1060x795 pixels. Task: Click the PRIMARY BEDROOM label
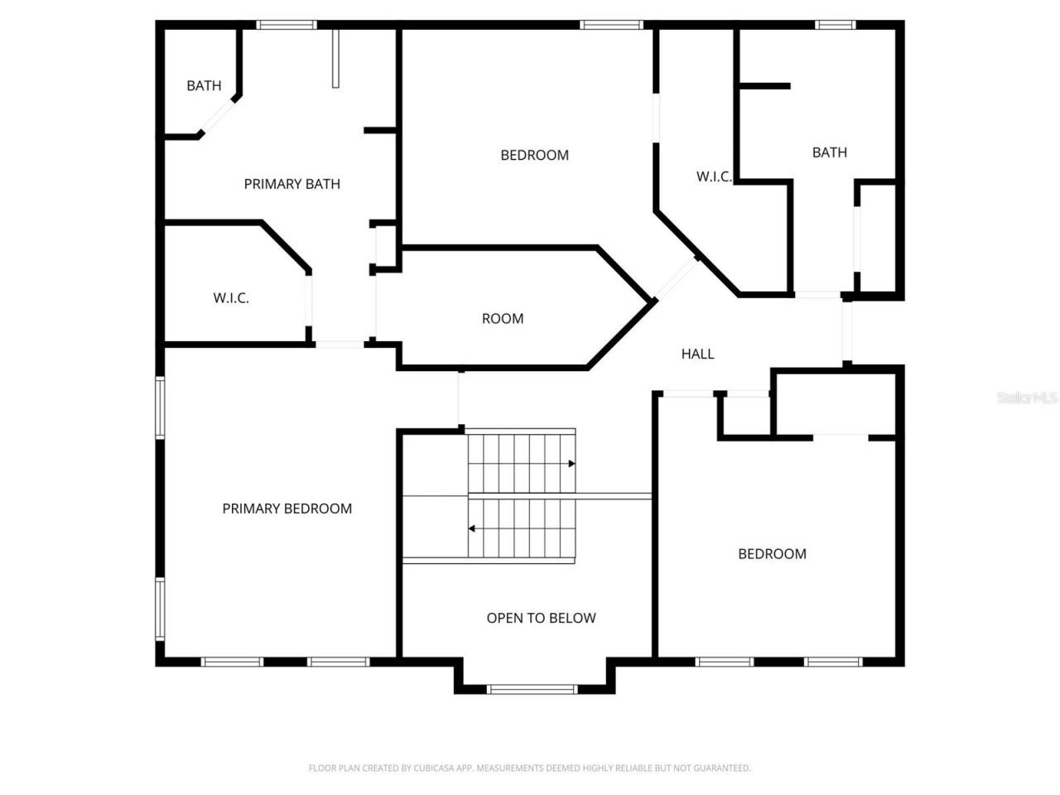click(287, 508)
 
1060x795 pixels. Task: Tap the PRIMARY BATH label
click(291, 184)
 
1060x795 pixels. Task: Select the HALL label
click(697, 354)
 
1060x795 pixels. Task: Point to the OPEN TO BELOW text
click(541, 618)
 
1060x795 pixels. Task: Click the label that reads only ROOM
click(503, 319)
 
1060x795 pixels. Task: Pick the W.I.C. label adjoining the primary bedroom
click(231, 298)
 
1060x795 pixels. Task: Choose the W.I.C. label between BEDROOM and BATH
click(713, 176)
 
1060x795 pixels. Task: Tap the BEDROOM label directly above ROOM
click(534, 155)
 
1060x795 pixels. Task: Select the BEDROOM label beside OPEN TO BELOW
click(772, 554)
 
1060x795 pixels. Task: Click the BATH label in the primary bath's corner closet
click(204, 85)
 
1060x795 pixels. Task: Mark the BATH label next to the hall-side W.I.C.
click(829, 152)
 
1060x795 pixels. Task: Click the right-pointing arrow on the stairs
click(571, 464)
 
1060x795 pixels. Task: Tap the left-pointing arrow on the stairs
click(472, 528)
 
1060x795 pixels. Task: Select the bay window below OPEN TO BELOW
click(532, 688)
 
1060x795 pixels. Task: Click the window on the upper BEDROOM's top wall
click(612, 25)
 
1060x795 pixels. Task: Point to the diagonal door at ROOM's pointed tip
click(677, 278)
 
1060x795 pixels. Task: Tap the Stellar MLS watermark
click(1027, 397)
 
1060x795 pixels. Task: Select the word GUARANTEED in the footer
click(722, 768)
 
